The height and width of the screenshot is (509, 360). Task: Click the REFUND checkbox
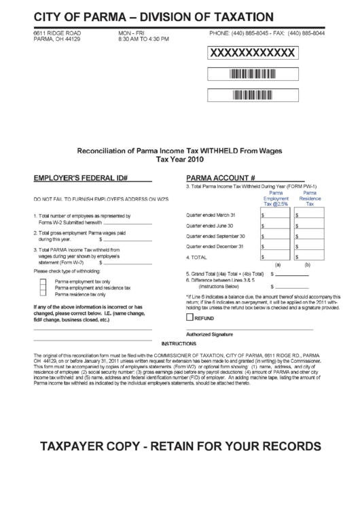click(x=190, y=317)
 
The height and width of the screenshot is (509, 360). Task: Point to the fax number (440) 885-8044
click(x=306, y=33)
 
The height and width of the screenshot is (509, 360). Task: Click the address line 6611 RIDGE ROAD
click(x=57, y=33)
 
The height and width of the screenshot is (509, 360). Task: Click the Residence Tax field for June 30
click(x=310, y=225)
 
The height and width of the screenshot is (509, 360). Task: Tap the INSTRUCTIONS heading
click(x=179, y=344)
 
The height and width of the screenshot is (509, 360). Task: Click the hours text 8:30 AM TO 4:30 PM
click(x=143, y=39)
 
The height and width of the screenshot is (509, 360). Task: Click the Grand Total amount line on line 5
click(x=285, y=275)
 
